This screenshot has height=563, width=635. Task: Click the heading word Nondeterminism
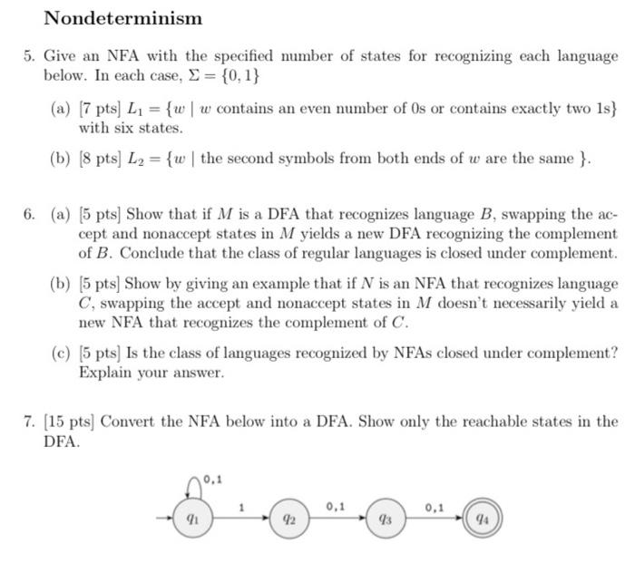(123, 18)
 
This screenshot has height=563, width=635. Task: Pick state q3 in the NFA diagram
(384, 521)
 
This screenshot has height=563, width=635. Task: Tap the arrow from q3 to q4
(434, 521)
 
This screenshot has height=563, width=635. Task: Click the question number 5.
(30, 57)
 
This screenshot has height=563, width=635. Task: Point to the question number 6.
(30, 216)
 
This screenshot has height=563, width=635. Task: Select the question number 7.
(30, 422)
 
